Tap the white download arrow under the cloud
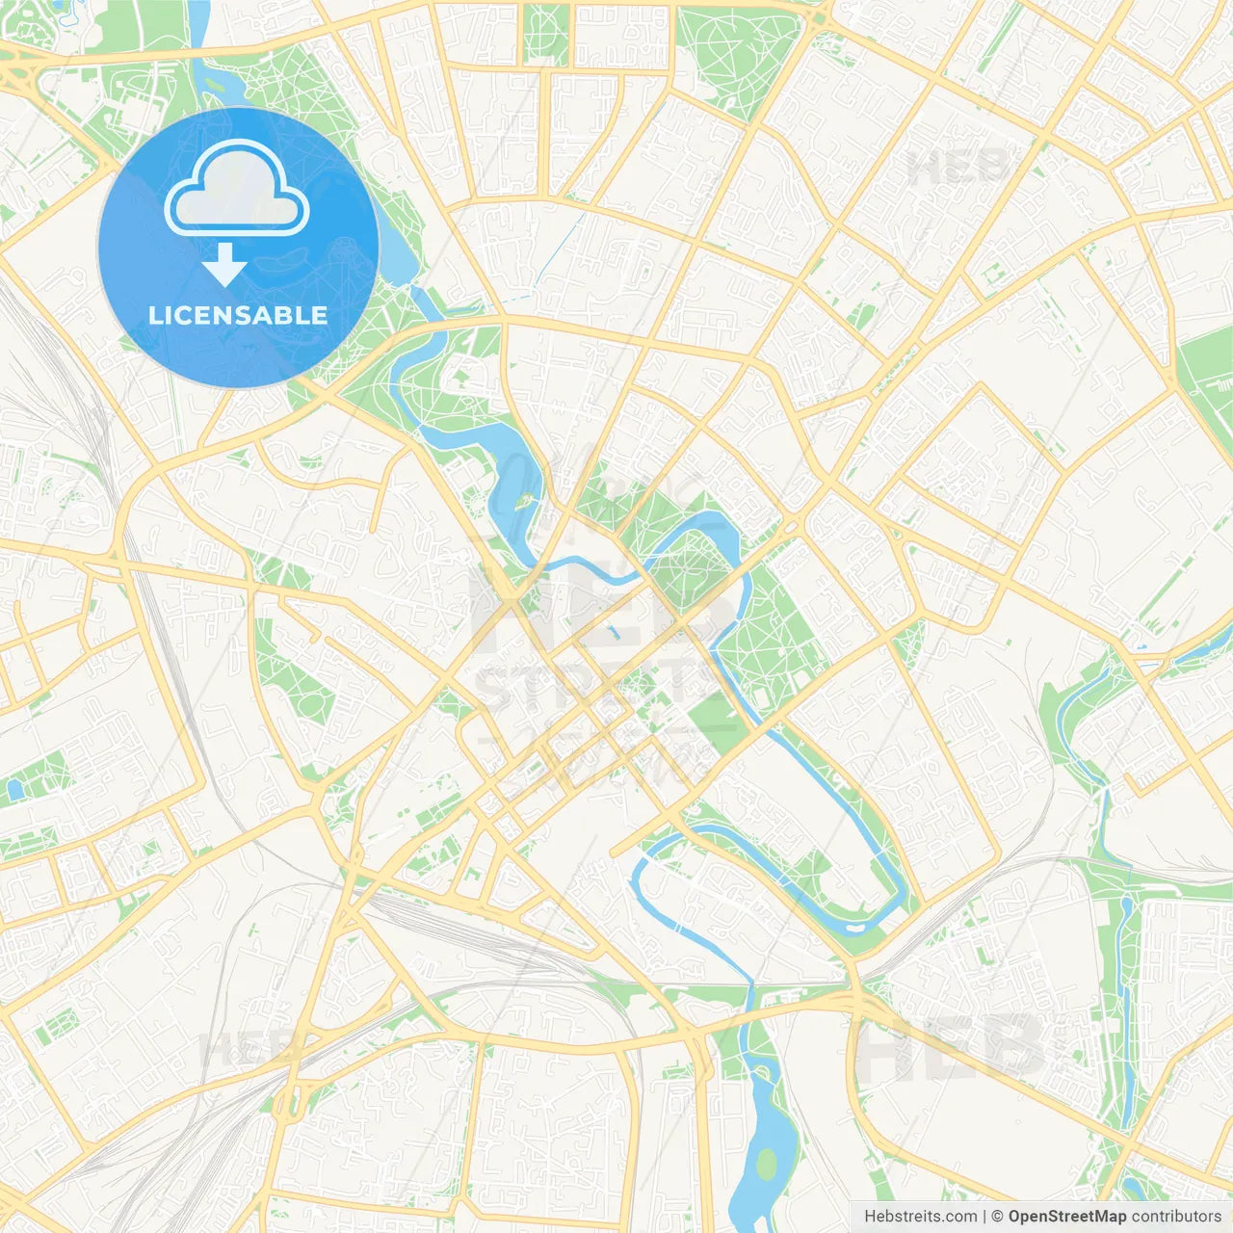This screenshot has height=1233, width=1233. (224, 265)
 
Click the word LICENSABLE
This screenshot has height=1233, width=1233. (238, 315)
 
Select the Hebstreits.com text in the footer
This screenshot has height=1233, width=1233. (920, 1217)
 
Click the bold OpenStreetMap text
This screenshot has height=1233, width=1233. (1066, 1217)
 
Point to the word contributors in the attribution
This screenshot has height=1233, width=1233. (1175, 1217)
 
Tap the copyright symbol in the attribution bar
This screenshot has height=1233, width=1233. (997, 1217)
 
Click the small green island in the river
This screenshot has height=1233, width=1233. (526, 501)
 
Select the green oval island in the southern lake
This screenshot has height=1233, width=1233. (767, 1165)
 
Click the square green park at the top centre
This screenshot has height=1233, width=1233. (546, 35)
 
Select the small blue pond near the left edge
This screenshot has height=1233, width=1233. (13, 790)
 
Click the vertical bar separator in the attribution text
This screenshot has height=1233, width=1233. (984, 1217)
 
